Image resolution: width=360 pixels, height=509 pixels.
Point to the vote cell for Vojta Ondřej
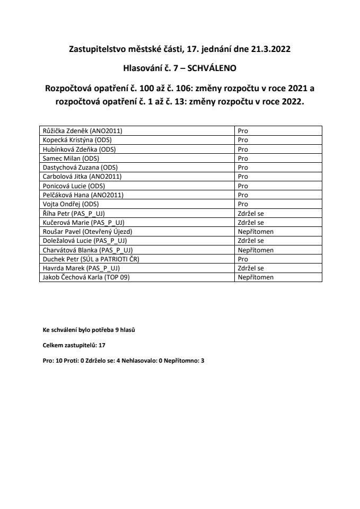(243, 204)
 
